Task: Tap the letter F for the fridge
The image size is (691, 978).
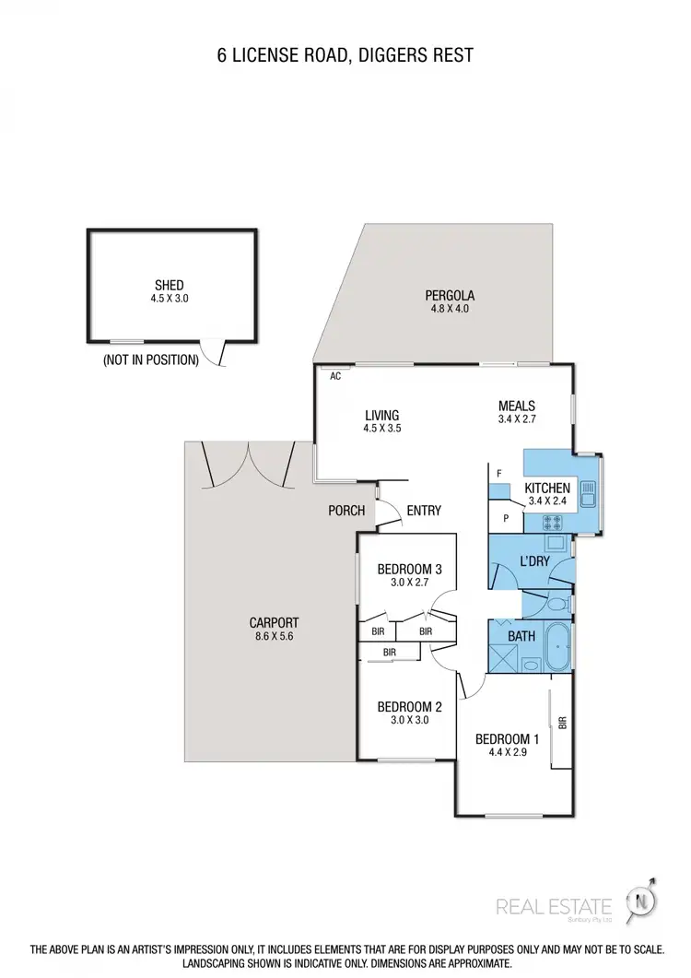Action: point(498,474)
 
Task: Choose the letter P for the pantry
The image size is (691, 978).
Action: point(506,518)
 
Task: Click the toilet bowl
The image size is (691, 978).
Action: point(557,606)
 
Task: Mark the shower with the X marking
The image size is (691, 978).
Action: point(503,658)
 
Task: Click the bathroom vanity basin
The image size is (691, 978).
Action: point(531,664)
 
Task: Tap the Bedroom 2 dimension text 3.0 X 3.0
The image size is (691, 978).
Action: point(410,721)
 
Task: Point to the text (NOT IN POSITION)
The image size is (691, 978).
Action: point(151,359)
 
